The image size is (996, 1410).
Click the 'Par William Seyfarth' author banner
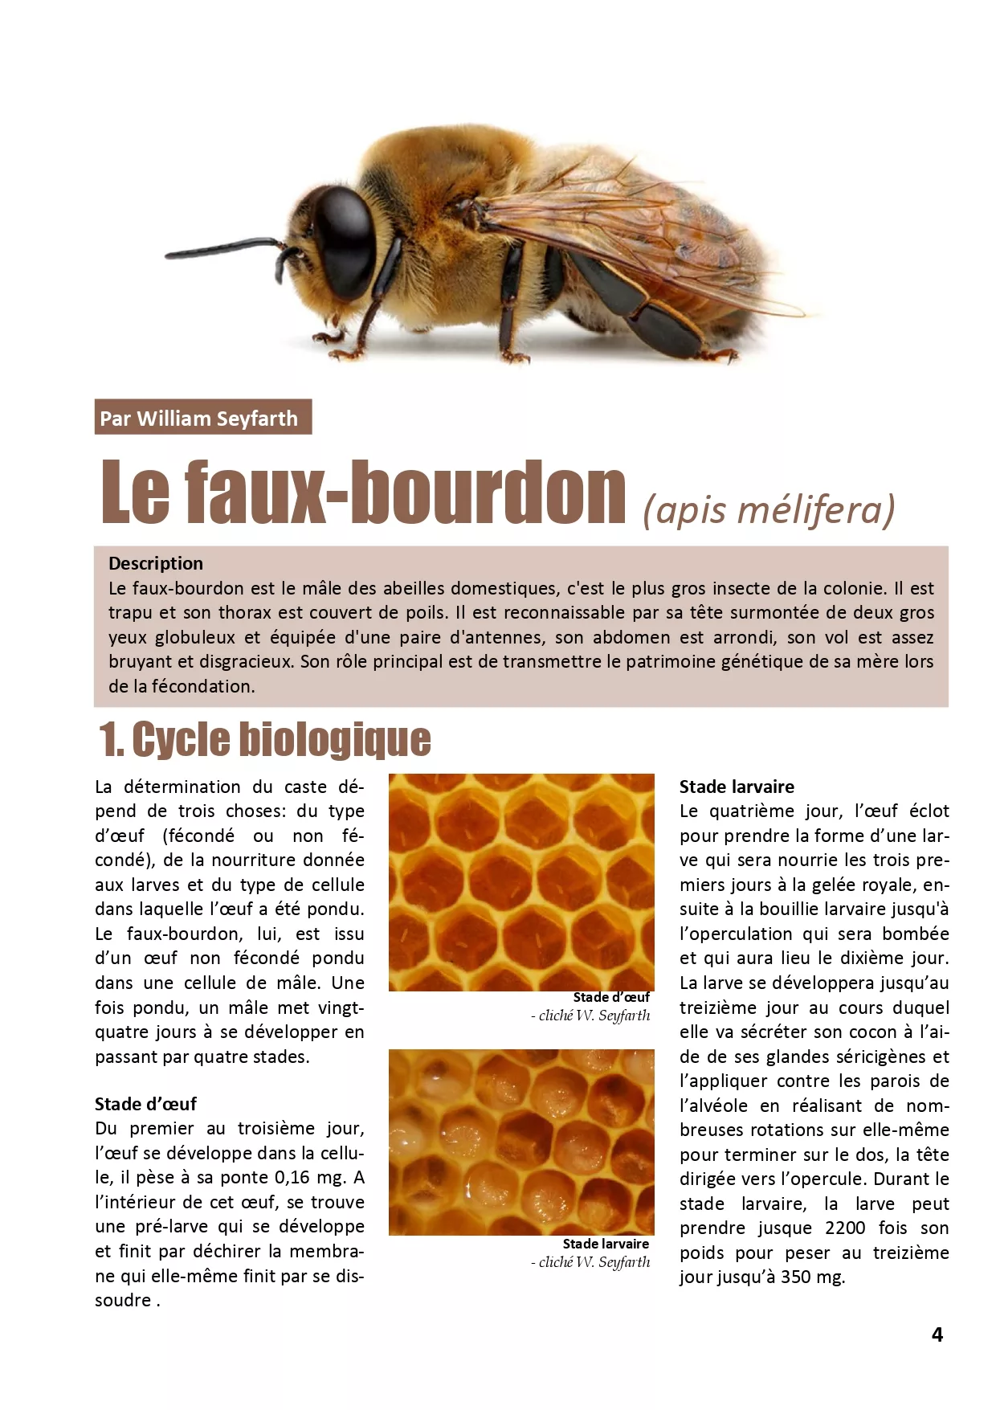pyautogui.click(x=202, y=418)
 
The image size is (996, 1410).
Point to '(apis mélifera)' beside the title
pyautogui.click(x=769, y=509)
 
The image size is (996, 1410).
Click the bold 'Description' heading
pyautogui.click(x=156, y=563)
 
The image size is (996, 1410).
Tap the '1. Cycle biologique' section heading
pyautogui.click(x=265, y=739)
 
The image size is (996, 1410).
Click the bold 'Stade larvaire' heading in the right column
pyautogui.click(x=737, y=787)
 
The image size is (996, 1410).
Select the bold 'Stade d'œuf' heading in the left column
pyautogui.click(x=145, y=1104)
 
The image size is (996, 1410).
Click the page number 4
pyautogui.click(x=937, y=1334)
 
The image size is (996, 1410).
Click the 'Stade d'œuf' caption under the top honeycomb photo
pyautogui.click(x=611, y=997)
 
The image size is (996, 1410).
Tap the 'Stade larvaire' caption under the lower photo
pyautogui.click(x=606, y=1244)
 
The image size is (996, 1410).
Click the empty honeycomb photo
pyautogui.click(x=521, y=882)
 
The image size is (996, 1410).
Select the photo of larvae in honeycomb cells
pyautogui.click(x=521, y=1142)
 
